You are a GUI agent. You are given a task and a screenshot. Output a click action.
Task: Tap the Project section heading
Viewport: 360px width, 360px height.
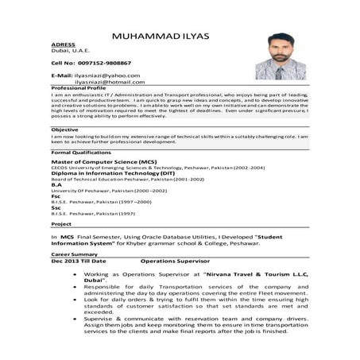pos(61,225)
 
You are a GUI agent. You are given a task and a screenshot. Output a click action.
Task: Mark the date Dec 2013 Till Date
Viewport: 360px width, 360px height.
pos(78,261)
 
